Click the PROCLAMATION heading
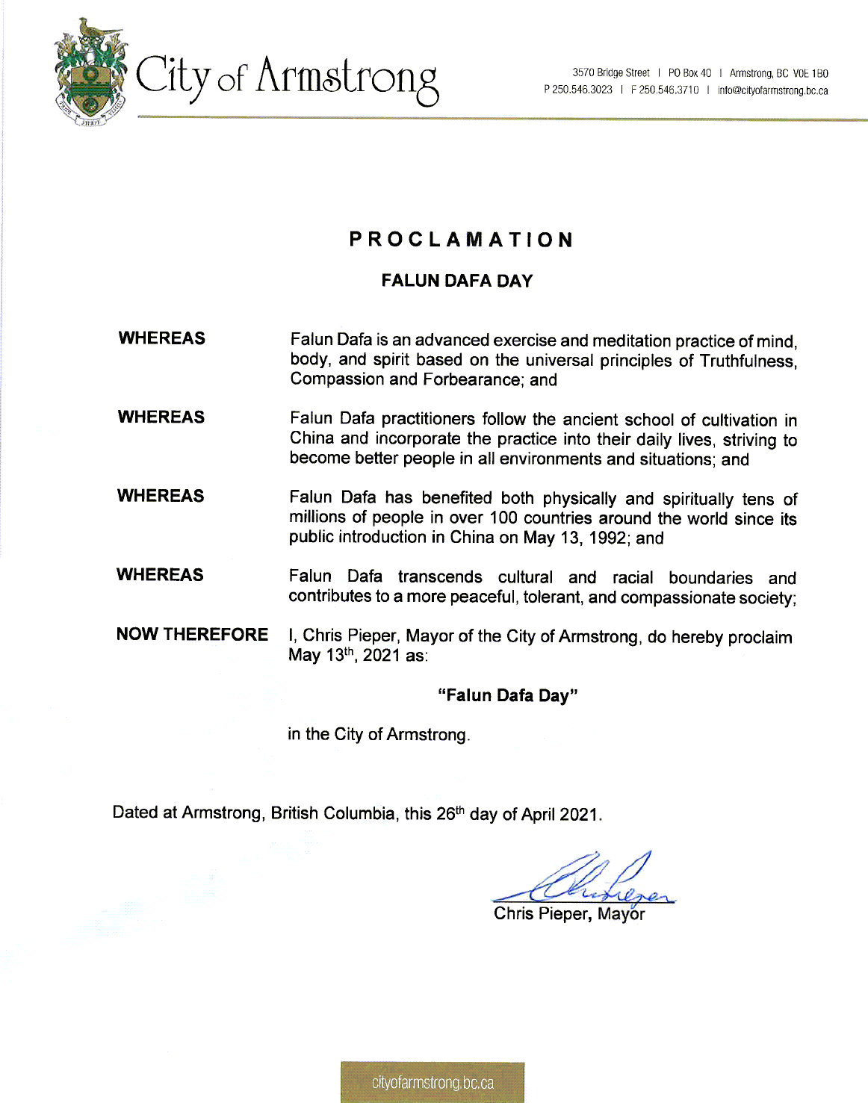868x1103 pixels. coord(461,240)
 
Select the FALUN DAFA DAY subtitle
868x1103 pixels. coord(456,281)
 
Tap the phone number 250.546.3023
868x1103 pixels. coord(582,90)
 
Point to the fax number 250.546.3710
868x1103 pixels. coord(669,90)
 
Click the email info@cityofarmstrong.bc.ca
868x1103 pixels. coord(772,90)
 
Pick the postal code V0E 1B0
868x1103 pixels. coord(810,73)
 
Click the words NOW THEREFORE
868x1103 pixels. coord(192,634)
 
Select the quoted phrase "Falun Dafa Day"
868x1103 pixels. coord(508,696)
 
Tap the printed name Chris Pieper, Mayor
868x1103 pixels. coord(569,913)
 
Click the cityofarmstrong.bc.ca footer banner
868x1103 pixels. coord(433,1082)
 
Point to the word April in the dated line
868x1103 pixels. coord(538,814)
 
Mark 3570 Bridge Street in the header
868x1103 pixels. coord(611,73)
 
